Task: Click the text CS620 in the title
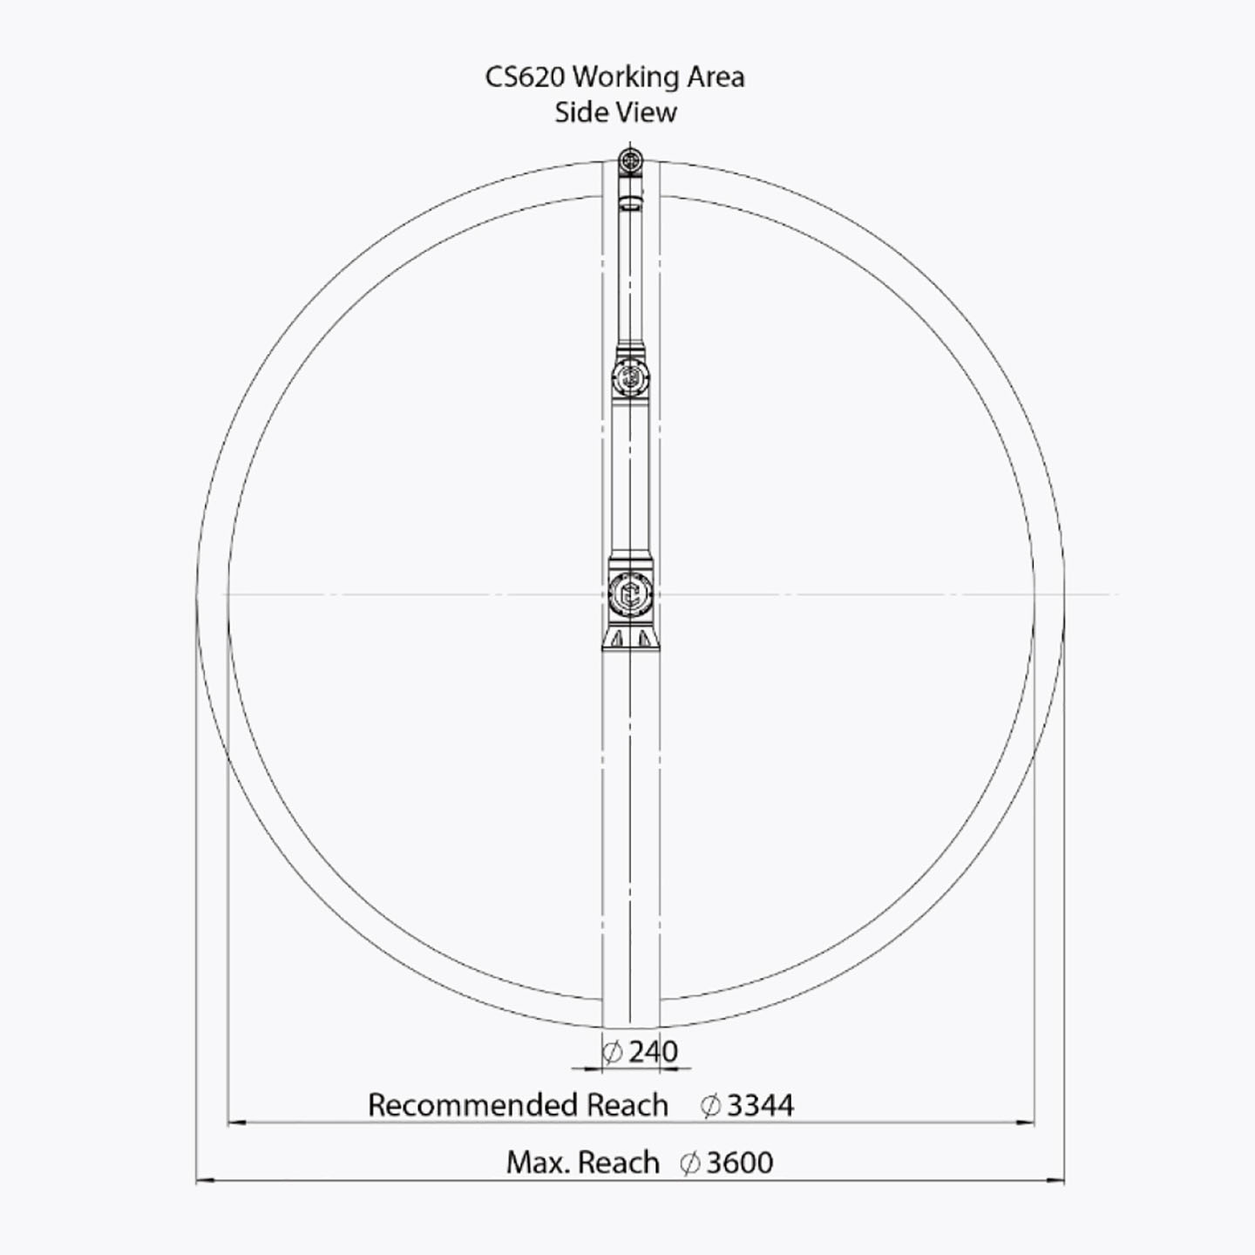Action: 524,78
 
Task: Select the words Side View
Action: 615,112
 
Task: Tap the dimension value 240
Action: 654,1051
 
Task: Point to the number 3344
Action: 760,1105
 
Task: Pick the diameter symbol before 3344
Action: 710,1106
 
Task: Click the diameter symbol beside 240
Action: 612,1052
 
